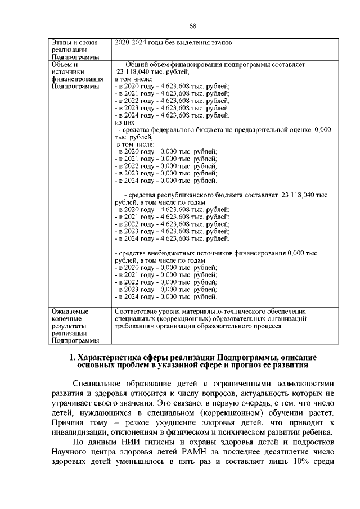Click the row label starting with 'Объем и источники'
(70, 76)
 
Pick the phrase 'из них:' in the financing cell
(125, 122)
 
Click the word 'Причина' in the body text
(66, 422)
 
